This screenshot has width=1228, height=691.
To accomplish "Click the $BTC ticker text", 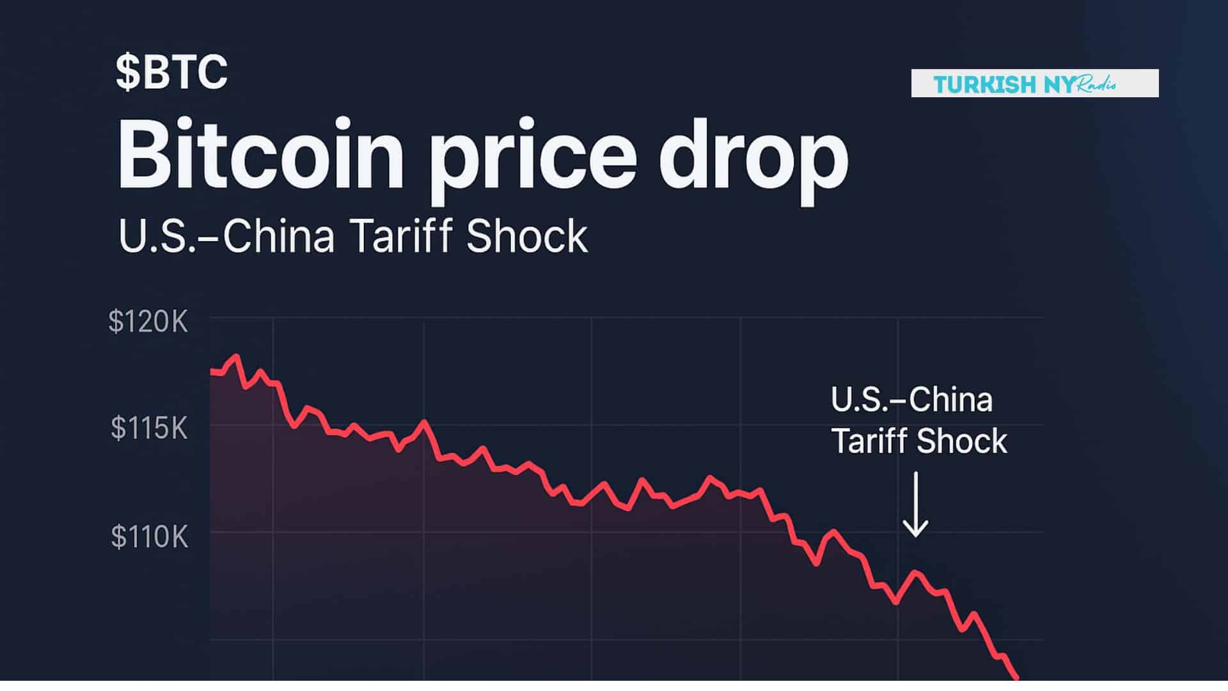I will click(x=171, y=72).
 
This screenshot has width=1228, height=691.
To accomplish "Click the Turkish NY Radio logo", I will click(x=1034, y=83).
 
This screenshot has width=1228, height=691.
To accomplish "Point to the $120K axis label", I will click(x=148, y=322).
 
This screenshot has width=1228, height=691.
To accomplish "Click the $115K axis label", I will click(x=149, y=428).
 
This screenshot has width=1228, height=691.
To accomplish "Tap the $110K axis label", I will click(x=150, y=537).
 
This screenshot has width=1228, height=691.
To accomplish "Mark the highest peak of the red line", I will click(x=237, y=356).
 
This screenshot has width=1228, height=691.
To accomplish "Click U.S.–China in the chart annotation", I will click(x=911, y=401).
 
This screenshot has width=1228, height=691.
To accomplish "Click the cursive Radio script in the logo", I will click(x=1096, y=84).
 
